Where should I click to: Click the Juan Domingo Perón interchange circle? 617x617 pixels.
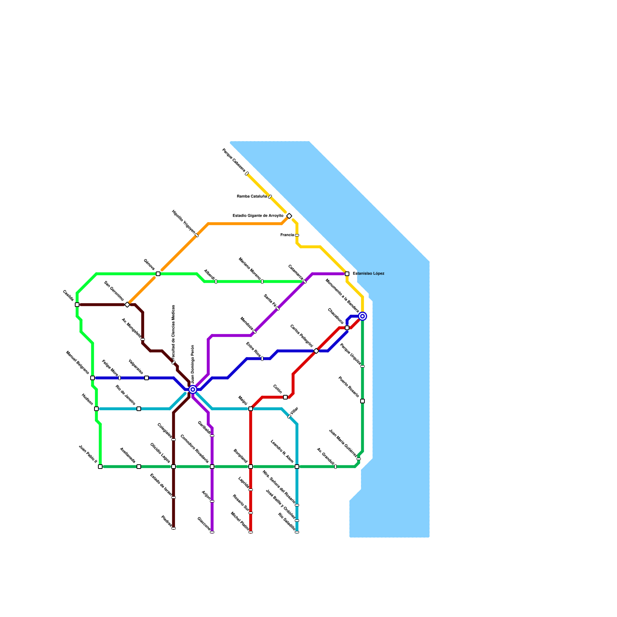[193, 389]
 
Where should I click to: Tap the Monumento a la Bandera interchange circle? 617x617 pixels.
[362, 316]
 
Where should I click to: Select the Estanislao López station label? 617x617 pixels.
[368, 274]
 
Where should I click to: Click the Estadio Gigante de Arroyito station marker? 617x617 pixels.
[289, 216]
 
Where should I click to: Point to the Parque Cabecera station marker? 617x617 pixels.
[247, 174]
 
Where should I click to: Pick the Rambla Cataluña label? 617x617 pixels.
[251, 197]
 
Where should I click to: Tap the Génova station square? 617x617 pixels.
[158, 274]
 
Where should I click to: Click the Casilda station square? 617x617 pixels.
[77, 305]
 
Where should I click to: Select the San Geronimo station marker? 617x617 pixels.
[127, 305]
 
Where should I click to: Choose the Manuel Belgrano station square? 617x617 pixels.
[93, 378]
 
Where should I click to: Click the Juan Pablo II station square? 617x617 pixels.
[100, 467]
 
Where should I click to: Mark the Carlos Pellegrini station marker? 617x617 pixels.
[316, 351]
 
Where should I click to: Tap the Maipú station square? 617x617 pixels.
[251, 409]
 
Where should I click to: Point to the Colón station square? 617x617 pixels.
[285, 397]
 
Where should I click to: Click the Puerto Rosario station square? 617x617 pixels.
[362, 401]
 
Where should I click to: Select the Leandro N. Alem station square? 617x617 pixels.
[297, 467]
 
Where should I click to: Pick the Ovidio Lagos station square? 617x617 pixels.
[174, 467]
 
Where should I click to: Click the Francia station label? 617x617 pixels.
[287, 235]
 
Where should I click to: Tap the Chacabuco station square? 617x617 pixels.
[347, 328]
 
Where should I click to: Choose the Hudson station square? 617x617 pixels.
[96, 409]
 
